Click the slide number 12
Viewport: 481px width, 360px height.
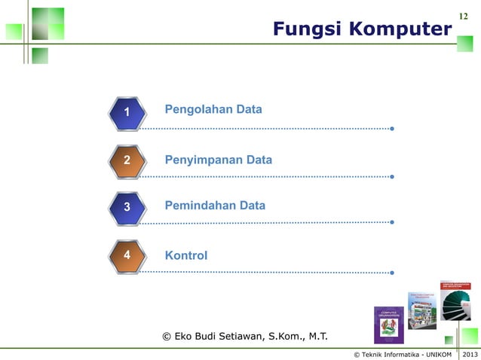(464, 16)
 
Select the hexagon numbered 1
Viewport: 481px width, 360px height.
(127, 112)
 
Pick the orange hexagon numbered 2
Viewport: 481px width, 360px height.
(127, 160)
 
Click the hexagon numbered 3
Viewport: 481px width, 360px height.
(127, 206)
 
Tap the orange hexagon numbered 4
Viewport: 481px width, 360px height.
(127, 255)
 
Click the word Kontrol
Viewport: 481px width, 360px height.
(186, 256)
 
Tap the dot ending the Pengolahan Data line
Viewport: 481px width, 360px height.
(392, 130)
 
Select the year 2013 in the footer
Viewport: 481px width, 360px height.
(470, 354)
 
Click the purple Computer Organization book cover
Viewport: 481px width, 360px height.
(389, 325)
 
